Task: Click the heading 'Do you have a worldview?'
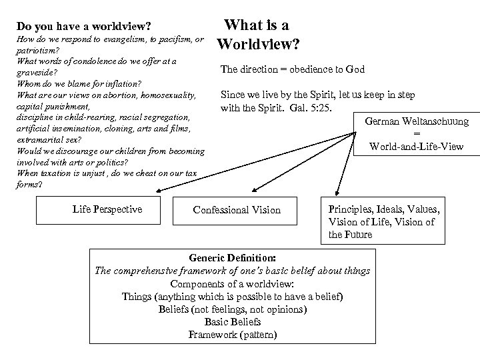click(x=83, y=27)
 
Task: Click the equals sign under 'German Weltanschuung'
click(x=417, y=133)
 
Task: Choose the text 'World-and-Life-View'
click(x=417, y=145)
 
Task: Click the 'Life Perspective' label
click(x=107, y=209)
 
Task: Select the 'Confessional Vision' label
click(x=237, y=210)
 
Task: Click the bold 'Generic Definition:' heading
click(x=232, y=258)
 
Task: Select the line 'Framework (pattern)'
click(x=232, y=335)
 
